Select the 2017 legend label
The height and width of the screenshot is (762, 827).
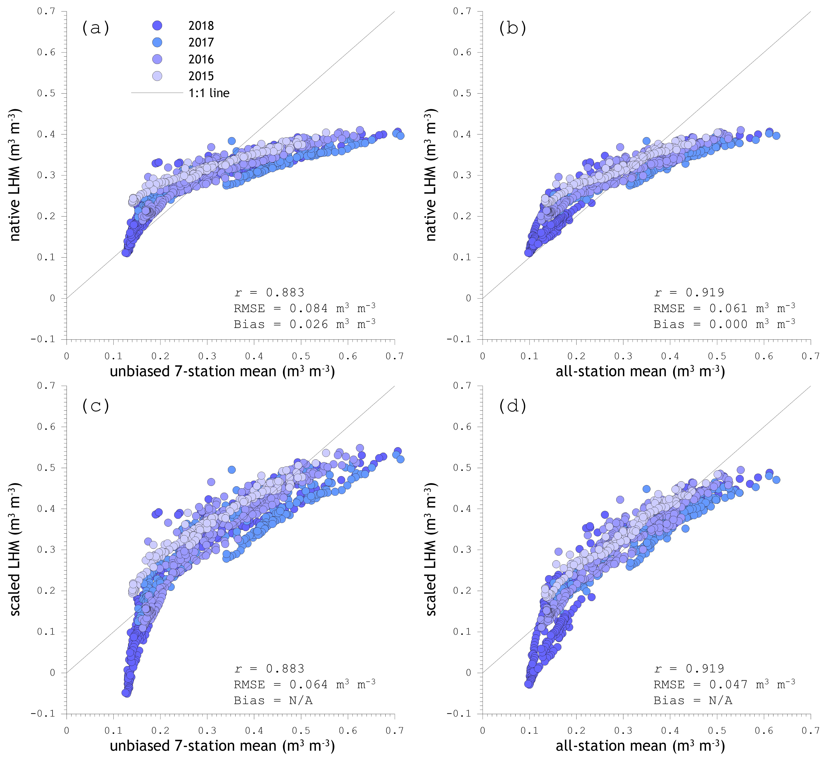(201, 42)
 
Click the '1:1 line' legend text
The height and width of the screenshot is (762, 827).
(209, 93)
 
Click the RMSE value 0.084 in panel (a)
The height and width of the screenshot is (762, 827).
(308, 308)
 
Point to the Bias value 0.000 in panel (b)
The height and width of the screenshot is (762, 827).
(728, 325)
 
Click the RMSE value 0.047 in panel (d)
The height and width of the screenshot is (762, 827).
(728, 685)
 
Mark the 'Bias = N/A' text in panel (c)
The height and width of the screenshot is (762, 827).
(273, 701)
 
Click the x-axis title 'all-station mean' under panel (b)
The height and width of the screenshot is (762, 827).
(640, 372)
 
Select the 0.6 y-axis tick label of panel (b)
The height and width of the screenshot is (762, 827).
(462, 52)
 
